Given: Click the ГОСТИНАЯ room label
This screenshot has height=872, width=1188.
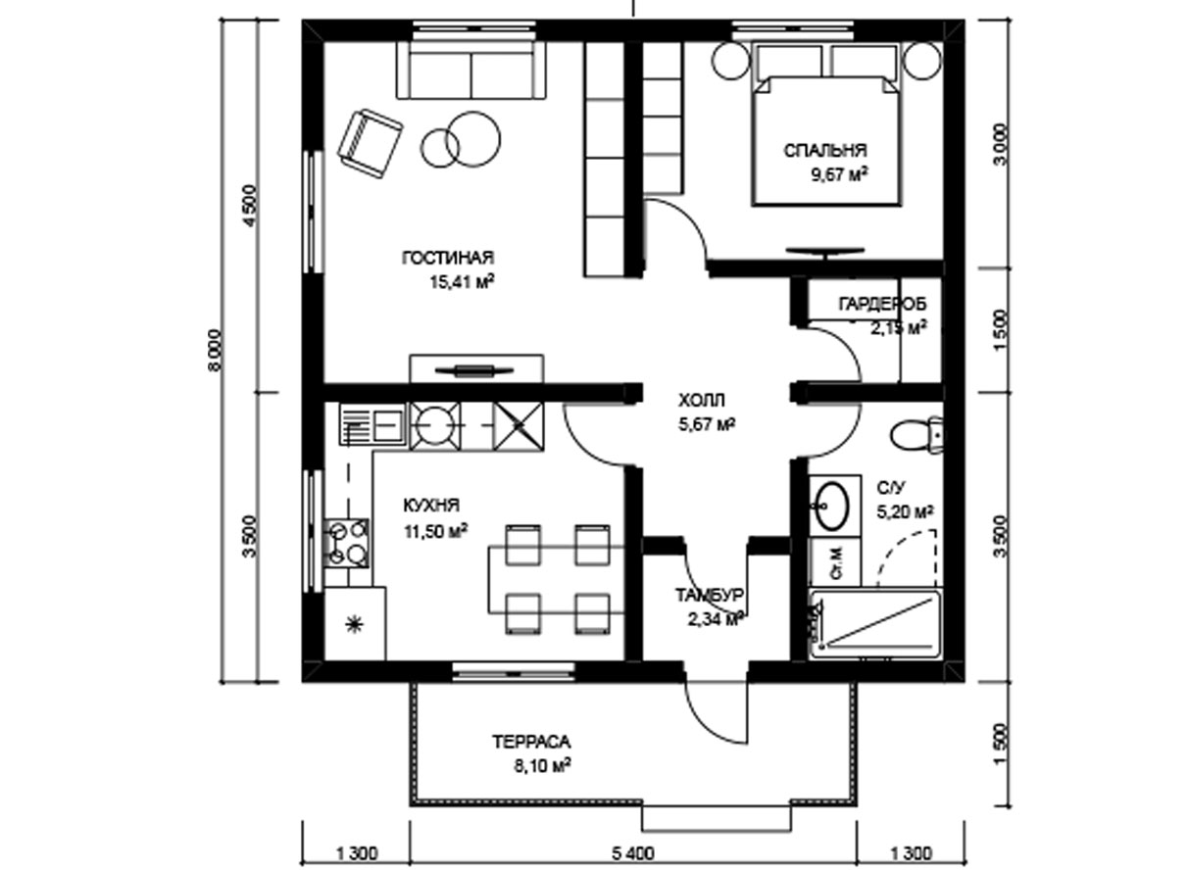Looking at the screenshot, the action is click(x=448, y=258).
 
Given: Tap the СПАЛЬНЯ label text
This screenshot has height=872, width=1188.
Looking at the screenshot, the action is click(x=825, y=151).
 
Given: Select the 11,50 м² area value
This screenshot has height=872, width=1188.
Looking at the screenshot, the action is click(x=436, y=531).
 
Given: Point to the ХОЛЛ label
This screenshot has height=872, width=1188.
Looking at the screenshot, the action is click(x=701, y=400).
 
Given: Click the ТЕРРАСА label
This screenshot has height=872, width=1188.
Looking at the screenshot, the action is click(x=531, y=742).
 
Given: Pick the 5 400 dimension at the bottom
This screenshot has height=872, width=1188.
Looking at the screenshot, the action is click(x=633, y=853).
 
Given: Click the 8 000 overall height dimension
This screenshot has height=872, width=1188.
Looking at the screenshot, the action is click(x=215, y=351).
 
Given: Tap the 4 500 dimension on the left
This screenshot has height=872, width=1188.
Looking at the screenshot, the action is click(x=249, y=206).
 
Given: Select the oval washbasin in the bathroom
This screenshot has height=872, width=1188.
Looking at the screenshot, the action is click(x=832, y=506).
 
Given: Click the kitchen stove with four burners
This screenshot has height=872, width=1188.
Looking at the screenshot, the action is click(x=347, y=544).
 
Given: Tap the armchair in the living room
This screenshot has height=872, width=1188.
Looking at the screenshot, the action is click(x=370, y=144).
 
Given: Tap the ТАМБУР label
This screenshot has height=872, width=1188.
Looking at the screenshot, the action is click(x=709, y=596).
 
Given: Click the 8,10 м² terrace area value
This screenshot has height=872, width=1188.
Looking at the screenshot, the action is click(x=541, y=765).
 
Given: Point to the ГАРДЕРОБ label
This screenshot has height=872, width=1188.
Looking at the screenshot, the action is click(x=882, y=305).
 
